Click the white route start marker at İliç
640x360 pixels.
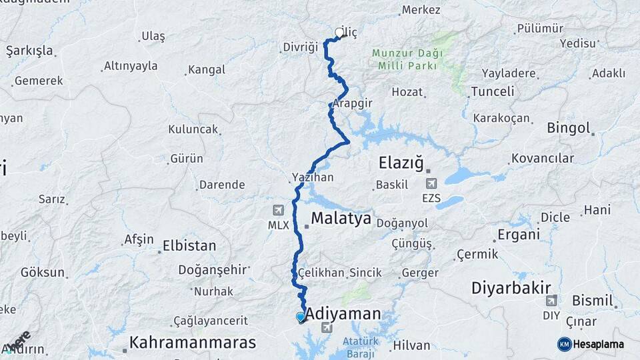click(x=339, y=33)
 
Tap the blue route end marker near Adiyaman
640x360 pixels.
click(x=301, y=317)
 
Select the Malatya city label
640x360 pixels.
click(x=341, y=219)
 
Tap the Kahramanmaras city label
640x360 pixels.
click(x=193, y=343)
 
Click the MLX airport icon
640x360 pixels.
click(x=278, y=210)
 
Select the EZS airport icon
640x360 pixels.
click(x=431, y=183)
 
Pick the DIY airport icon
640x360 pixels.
click(x=551, y=301)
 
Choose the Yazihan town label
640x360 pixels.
click(x=312, y=178)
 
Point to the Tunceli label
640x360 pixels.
click(x=492, y=91)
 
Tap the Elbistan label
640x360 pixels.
click(x=189, y=245)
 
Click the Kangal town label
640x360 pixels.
click(x=207, y=69)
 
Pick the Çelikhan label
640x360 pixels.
click(x=322, y=273)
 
